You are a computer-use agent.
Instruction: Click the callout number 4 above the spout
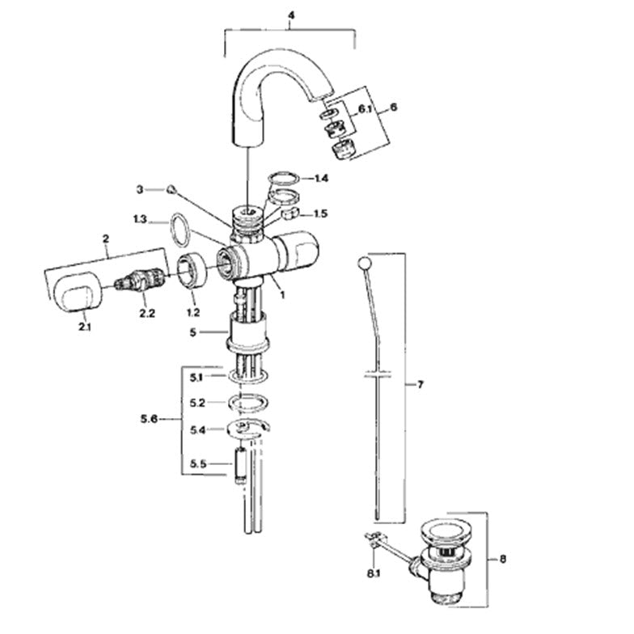point(291,15)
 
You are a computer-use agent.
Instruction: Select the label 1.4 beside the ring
point(321,178)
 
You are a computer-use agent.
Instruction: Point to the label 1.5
point(320,213)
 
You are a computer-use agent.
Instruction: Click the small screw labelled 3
point(171,189)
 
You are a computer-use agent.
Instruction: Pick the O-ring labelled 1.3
point(180,230)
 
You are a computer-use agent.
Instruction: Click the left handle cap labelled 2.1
point(77,291)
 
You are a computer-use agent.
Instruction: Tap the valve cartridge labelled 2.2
point(139,279)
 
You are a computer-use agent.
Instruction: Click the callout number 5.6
point(149,419)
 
